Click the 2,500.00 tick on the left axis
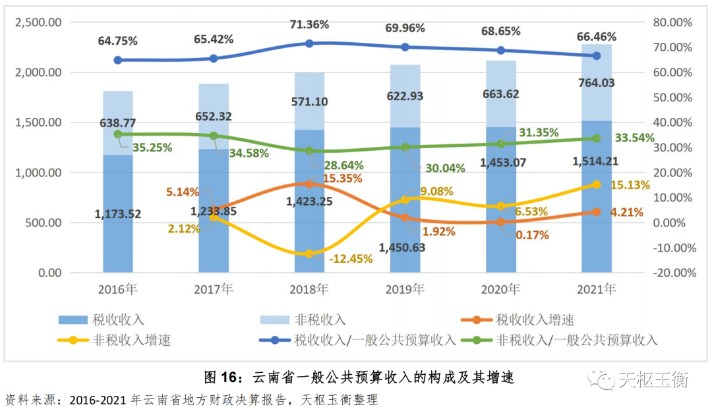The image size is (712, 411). tap(38, 22)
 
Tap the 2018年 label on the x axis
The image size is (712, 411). tap(309, 289)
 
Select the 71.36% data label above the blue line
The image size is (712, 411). tap(309, 24)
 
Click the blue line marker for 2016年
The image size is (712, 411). tap(118, 60)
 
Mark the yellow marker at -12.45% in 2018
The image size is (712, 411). tap(309, 254)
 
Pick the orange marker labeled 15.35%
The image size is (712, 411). tap(309, 184)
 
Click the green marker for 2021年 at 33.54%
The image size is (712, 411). tap(597, 138)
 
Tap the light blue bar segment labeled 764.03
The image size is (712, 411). tap(597, 82)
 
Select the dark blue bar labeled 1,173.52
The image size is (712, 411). tap(118, 213)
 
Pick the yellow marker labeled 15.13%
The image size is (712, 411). tap(597, 185)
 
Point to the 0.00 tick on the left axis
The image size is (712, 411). tap(49, 273)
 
